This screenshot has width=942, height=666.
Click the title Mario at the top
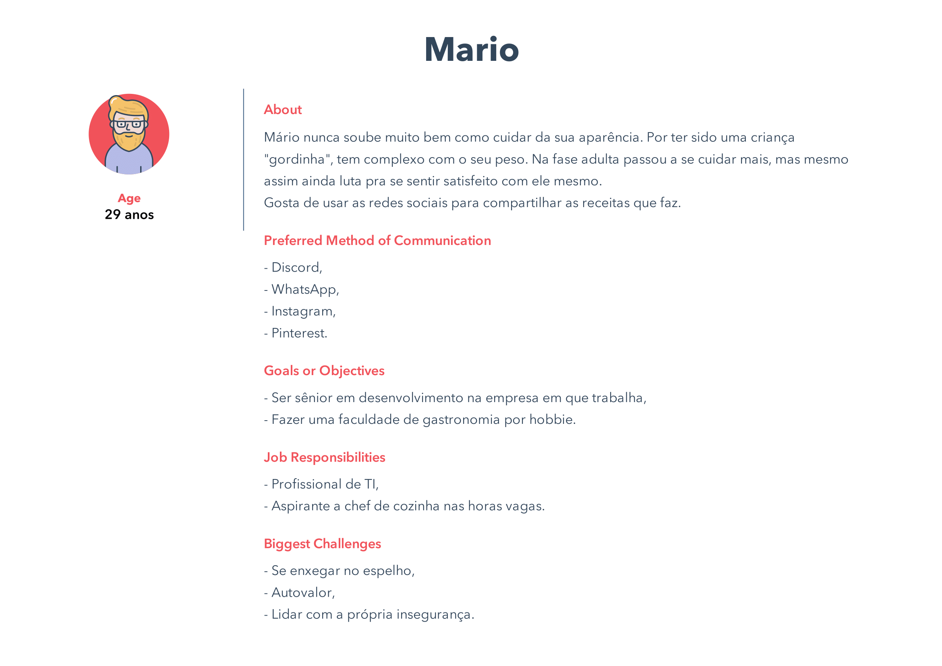click(x=472, y=50)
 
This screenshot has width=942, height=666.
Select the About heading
click(x=283, y=110)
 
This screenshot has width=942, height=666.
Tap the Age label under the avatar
click(x=129, y=198)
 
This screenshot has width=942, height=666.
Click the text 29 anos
click(x=129, y=215)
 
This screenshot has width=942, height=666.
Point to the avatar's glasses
click(x=128, y=124)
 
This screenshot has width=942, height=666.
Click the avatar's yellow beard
click(x=128, y=141)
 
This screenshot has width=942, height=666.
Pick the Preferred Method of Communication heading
click(x=377, y=241)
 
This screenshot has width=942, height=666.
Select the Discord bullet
click(x=296, y=268)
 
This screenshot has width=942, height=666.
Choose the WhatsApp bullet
click(x=305, y=290)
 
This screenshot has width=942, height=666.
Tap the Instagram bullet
click(x=303, y=311)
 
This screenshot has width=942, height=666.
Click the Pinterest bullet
click(x=299, y=333)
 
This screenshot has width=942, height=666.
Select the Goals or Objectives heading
click(x=324, y=371)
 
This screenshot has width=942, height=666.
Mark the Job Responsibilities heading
click(x=325, y=457)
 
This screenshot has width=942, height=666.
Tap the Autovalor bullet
click(x=303, y=593)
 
